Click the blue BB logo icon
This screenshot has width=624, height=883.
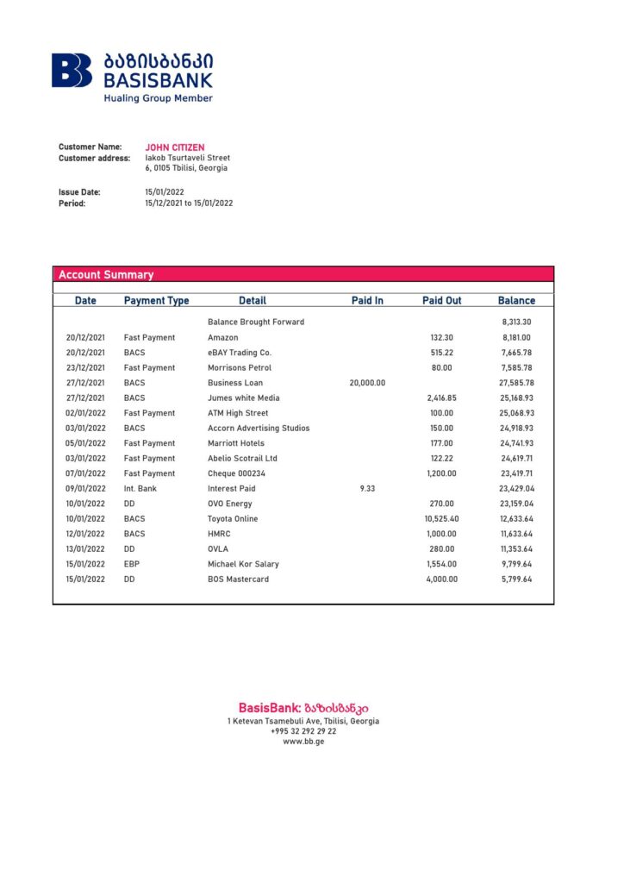(72, 70)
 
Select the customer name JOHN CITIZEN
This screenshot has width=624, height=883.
(174, 147)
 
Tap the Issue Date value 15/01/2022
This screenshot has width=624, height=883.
(165, 192)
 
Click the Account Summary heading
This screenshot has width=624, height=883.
(105, 275)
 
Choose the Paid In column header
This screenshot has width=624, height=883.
(367, 301)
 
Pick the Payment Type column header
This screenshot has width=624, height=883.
(156, 301)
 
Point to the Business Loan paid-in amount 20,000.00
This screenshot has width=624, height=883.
(367, 383)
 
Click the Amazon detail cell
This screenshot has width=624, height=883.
(222, 338)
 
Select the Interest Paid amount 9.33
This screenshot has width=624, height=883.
(367, 489)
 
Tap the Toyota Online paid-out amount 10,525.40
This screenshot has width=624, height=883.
(441, 519)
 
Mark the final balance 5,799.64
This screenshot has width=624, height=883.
(516, 579)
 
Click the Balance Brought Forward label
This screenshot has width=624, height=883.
(256, 323)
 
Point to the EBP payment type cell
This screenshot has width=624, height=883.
(134, 564)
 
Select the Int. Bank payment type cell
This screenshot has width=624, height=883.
(141, 489)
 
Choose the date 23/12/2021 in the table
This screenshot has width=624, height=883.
(85, 368)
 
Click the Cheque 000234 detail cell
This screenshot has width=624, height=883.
(237, 473)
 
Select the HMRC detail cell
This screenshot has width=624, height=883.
(219, 534)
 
